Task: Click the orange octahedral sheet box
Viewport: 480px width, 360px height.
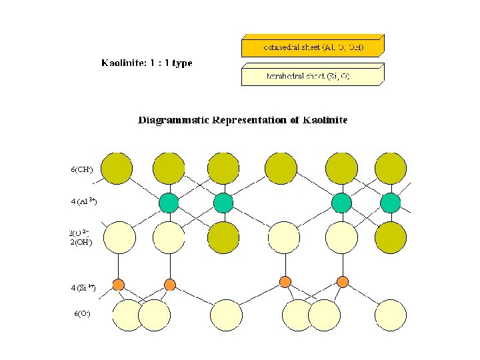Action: click(312, 47)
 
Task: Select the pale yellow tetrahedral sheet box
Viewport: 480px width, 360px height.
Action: click(312, 76)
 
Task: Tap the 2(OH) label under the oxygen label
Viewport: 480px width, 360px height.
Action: click(81, 242)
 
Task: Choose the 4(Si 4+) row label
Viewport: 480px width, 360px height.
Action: click(83, 288)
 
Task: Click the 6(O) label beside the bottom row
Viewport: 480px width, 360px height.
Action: click(82, 313)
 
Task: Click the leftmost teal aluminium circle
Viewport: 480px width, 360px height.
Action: click(170, 202)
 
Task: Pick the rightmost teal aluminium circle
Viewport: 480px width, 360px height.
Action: click(391, 202)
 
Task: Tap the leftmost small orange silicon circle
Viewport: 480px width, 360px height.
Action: click(118, 285)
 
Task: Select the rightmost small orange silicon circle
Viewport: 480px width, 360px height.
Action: click(343, 281)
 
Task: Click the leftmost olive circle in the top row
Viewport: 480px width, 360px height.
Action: click(116, 168)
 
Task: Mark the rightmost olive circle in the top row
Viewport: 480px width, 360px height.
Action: click(390, 168)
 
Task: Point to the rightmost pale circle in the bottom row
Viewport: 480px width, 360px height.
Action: click(390, 315)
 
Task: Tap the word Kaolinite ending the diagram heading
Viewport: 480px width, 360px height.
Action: click(325, 121)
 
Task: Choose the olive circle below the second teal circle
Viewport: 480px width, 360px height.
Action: click(223, 237)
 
